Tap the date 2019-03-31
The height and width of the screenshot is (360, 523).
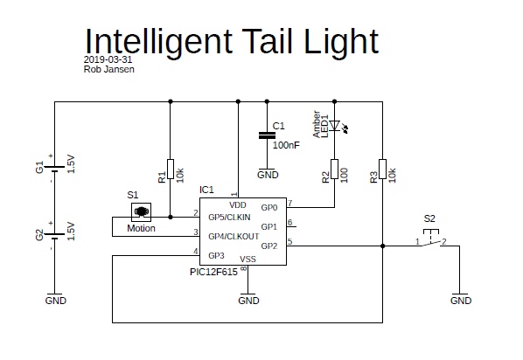tap(108, 59)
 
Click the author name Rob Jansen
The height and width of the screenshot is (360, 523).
tap(109, 69)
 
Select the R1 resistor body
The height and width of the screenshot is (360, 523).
tap(171, 169)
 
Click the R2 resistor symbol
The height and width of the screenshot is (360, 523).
tap(335, 169)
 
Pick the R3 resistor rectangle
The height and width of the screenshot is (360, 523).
tap(382, 169)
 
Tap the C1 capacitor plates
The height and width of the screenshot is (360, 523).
tap(267, 135)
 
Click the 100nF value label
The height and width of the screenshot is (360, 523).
tap(286, 145)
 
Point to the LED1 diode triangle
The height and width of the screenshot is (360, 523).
tap(335, 126)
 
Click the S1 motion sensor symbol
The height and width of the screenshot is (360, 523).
tap(141, 212)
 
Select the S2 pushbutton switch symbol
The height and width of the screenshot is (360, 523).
tap(431, 239)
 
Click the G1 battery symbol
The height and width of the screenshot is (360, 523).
tap(54, 169)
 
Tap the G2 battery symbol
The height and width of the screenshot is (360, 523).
tap(54, 236)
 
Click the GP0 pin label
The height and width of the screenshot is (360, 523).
tap(269, 208)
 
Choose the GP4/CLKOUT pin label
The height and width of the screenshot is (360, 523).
tap(234, 236)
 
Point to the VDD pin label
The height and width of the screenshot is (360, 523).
tap(238, 205)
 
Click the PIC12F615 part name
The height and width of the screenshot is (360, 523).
tap(213, 272)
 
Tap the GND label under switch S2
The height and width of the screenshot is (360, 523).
tap(461, 301)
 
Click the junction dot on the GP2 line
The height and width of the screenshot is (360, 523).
tap(382, 246)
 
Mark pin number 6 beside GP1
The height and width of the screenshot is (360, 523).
tap(289, 222)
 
